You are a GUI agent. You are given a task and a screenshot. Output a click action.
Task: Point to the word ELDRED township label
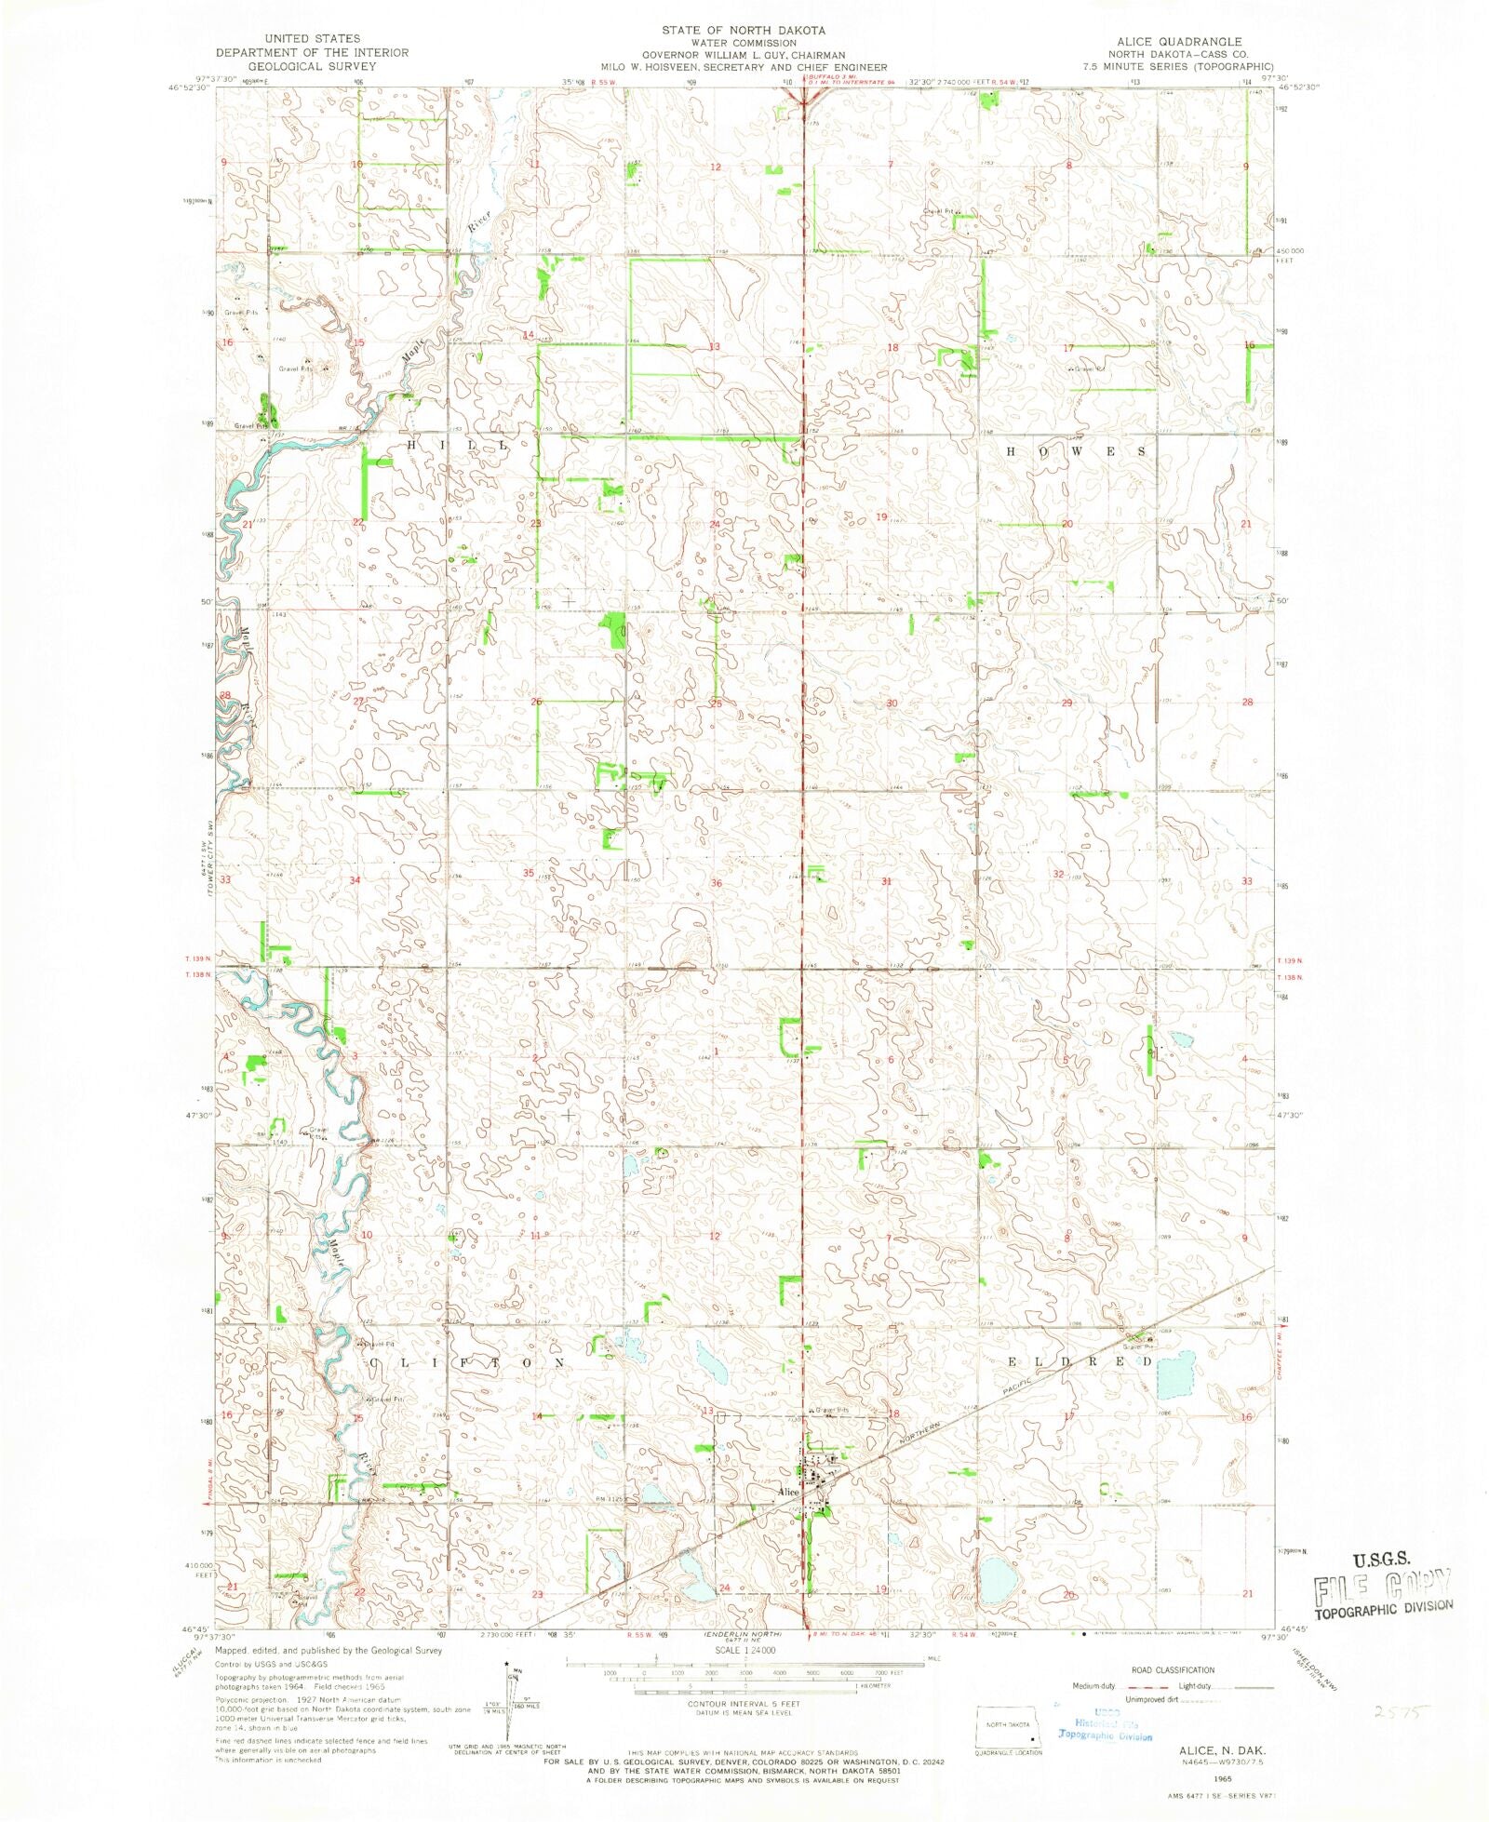click(1079, 1361)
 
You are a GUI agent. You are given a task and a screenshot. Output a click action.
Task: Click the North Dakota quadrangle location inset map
click(1006, 1727)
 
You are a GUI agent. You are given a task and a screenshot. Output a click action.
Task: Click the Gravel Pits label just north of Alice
click(833, 1411)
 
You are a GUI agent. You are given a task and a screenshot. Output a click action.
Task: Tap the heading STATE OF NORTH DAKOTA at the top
click(743, 31)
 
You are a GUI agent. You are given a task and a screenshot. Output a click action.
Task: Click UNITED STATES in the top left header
click(312, 38)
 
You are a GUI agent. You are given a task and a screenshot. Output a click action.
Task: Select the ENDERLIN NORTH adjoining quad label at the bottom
click(743, 1634)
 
